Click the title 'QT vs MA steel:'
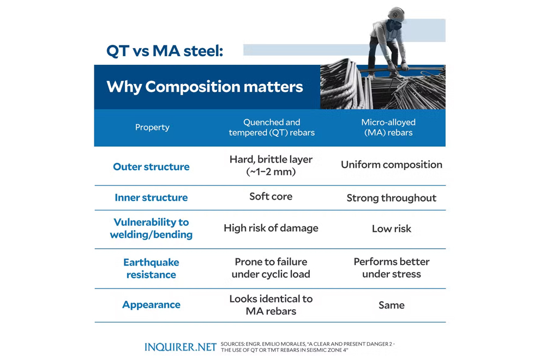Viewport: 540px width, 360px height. pyautogui.click(x=165, y=51)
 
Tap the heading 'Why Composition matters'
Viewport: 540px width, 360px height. pyautogui.click(x=205, y=87)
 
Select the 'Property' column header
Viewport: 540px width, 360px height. pyautogui.click(x=152, y=127)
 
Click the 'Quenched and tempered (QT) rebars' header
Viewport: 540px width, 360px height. pyautogui.click(x=272, y=128)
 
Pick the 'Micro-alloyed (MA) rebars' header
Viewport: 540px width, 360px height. pyautogui.click(x=388, y=128)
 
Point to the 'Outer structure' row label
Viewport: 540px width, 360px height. pyautogui.click(x=151, y=167)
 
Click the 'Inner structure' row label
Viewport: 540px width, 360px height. pyautogui.click(x=151, y=197)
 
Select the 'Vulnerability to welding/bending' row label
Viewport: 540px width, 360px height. pyautogui.click(x=151, y=228)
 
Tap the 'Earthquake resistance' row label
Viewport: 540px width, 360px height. pyautogui.click(x=151, y=268)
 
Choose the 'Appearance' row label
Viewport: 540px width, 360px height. pyautogui.click(x=151, y=305)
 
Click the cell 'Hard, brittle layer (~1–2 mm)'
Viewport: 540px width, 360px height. pyautogui.click(x=271, y=165)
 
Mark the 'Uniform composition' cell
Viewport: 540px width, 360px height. pyautogui.click(x=392, y=165)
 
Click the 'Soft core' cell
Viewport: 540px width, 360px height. pyautogui.click(x=271, y=196)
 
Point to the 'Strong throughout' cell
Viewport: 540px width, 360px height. pyautogui.click(x=392, y=198)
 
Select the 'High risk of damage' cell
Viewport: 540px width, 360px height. pyautogui.click(x=271, y=228)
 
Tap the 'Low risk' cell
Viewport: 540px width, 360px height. pyautogui.click(x=392, y=229)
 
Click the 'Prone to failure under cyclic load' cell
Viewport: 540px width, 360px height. pyautogui.click(x=271, y=268)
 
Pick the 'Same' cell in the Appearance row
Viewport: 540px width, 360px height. pyautogui.click(x=392, y=305)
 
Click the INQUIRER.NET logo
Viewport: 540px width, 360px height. pyautogui.click(x=181, y=347)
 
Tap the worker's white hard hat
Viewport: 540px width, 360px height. pyautogui.click(x=396, y=14)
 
